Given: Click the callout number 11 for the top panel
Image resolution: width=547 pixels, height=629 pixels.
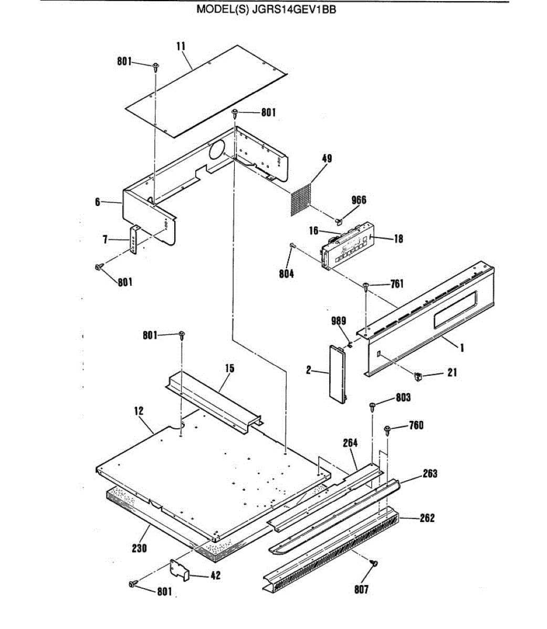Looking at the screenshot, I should (181, 46).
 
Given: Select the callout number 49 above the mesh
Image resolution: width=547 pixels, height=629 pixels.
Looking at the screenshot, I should (327, 158).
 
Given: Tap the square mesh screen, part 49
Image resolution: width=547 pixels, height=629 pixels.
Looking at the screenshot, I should (303, 199).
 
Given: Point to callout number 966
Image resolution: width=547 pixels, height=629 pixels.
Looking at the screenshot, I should (359, 200).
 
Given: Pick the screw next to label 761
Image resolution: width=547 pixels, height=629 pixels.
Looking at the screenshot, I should (366, 285).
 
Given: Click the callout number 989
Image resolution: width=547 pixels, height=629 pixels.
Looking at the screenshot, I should (339, 321).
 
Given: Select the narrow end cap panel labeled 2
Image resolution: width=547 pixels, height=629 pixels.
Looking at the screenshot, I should (338, 373).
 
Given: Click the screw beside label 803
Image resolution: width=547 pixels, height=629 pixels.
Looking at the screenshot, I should (372, 405).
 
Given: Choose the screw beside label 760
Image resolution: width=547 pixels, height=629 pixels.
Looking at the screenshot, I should (388, 430).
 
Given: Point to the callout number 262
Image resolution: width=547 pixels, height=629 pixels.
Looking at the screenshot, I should (427, 518).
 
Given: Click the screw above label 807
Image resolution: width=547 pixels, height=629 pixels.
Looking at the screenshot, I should (374, 563).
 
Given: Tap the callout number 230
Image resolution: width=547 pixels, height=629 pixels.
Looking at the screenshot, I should (139, 548).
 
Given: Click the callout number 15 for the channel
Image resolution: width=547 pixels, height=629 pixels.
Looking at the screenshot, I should (229, 368).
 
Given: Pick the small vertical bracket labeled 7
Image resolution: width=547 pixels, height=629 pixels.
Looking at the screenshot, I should (135, 240).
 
